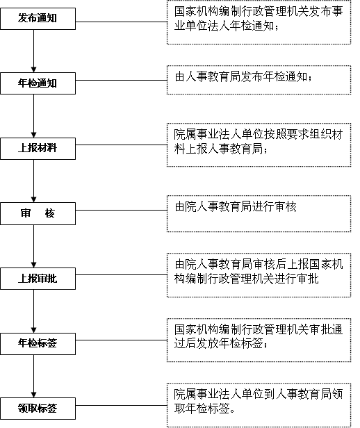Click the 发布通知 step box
coord(38,19)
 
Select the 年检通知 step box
coord(38,83)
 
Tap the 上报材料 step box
coord(38,149)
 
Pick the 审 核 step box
coord(38,213)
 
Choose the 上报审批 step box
coord(38,279)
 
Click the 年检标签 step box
coord(38,344)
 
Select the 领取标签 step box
coord(38,409)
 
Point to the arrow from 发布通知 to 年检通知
coord(33,51)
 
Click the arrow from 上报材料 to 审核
coord(33,181)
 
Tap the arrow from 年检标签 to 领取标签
coord(33,376)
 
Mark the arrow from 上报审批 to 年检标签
coord(33,311)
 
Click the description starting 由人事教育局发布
coord(243,77)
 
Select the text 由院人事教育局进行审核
coord(236,206)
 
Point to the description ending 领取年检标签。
coord(259,402)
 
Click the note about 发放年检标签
coord(259,336)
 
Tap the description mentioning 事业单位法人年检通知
coord(259,19)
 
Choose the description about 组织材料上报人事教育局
coord(259,142)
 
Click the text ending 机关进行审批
coord(259,272)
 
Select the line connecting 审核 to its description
coord(121,210)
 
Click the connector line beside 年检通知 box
coord(121,81)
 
